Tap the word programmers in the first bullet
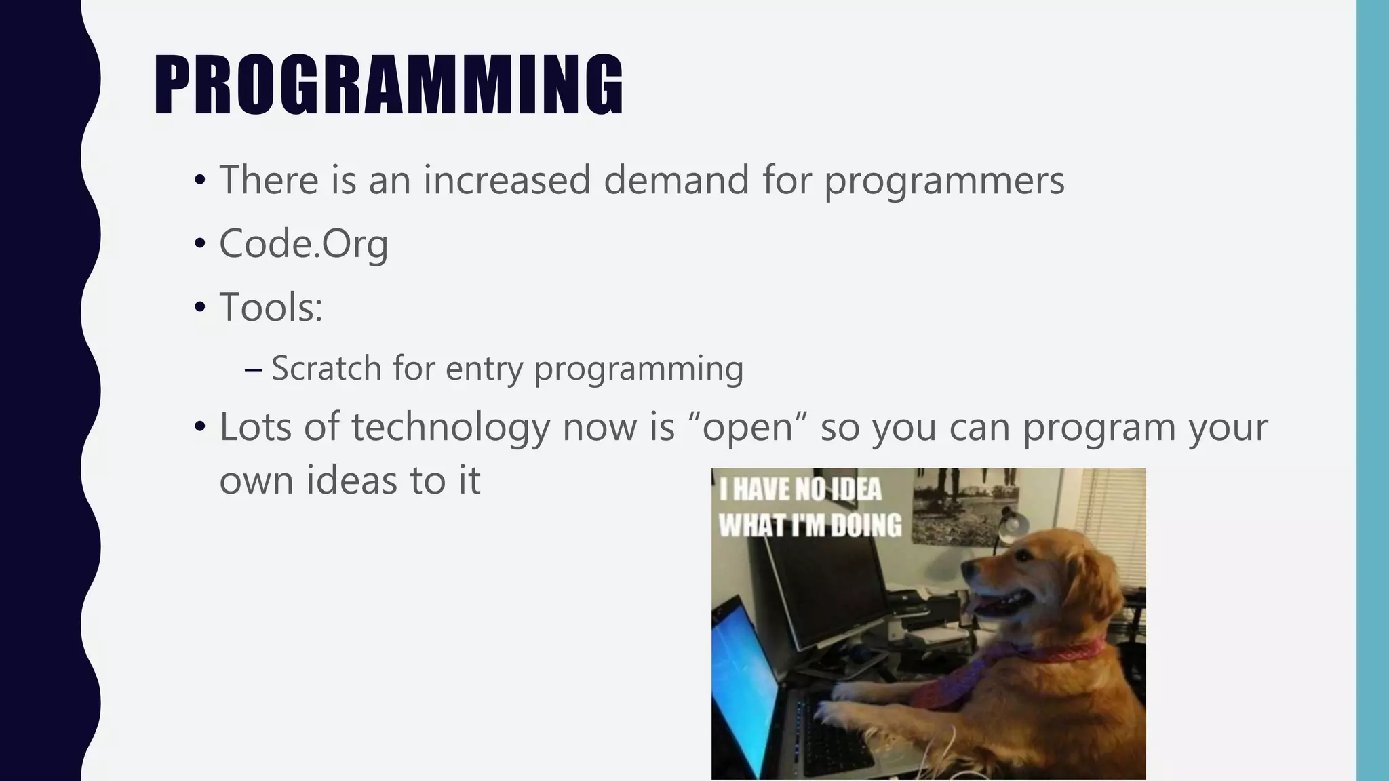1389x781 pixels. click(x=944, y=180)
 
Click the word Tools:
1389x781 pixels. click(x=271, y=307)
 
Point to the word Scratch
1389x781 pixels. click(x=326, y=368)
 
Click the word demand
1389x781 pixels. click(x=676, y=180)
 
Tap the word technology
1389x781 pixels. click(x=450, y=428)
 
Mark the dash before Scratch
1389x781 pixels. click(x=254, y=369)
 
